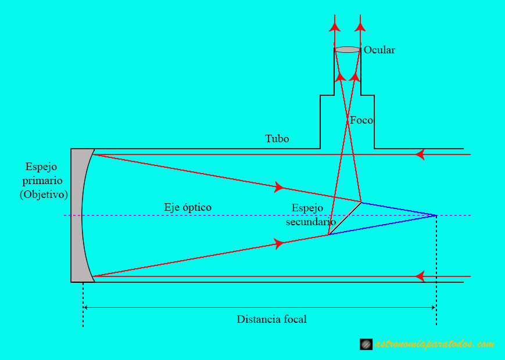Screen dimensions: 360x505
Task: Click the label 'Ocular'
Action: tap(379, 50)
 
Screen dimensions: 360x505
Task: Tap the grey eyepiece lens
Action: tap(348, 50)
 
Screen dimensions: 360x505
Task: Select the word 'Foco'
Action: tap(361, 121)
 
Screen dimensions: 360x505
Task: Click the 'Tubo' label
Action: tap(277, 139)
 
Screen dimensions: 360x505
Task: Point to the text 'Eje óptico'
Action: tap(188, 207)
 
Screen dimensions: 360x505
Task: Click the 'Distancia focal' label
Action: tap(271, 319)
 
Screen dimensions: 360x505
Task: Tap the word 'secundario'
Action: tap(311, 222)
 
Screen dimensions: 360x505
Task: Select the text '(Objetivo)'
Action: tap(44, 195)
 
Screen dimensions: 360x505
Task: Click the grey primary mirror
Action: tap(78, 215)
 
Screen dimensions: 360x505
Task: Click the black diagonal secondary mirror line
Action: tap(345, 218)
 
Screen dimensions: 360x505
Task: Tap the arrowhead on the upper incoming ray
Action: tap(420, 154)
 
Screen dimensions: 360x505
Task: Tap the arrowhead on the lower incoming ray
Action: tap(420, 276)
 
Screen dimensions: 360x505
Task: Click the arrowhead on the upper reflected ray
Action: tap(280, 187)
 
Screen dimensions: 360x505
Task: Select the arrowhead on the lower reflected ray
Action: tap(280, 244)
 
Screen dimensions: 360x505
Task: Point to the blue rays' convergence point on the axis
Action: tap(436, 215)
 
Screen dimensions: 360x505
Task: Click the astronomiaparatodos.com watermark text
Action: tap(435, 344)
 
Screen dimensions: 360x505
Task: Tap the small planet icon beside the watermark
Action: tap(366, 344)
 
